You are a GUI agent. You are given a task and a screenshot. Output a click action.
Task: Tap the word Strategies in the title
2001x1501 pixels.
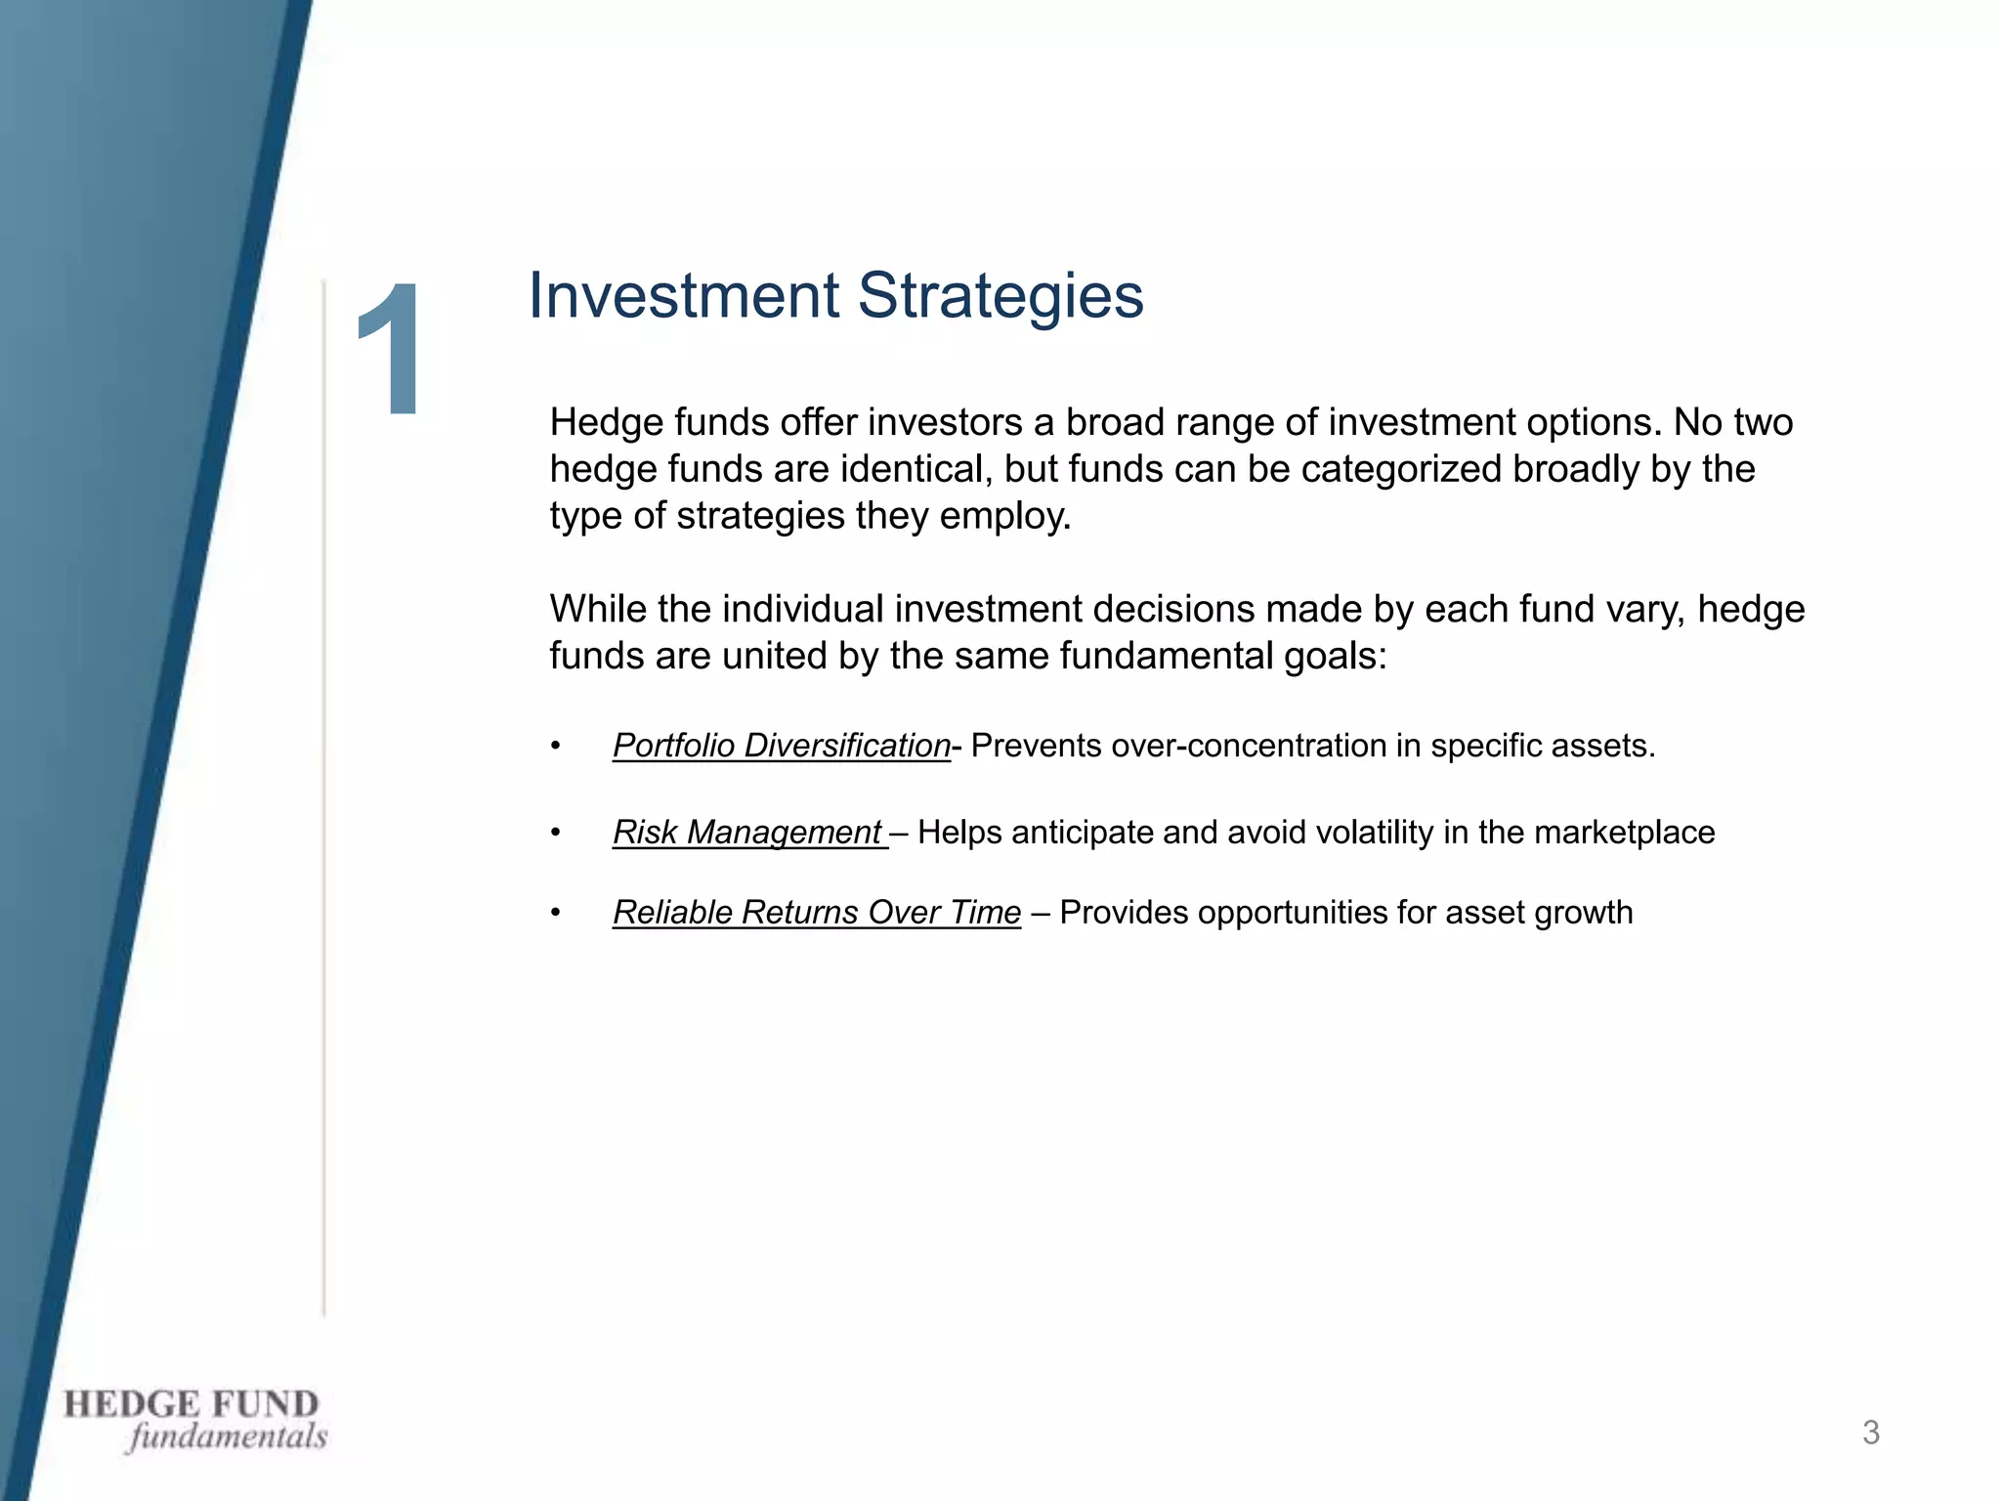tap(1000, 295)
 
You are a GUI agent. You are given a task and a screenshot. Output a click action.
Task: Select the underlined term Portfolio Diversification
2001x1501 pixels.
tap(781, 746)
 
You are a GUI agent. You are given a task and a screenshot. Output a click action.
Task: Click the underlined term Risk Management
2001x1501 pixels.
tap(747, 832)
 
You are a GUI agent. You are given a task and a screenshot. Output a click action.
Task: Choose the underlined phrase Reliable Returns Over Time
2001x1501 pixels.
tap(816, 912)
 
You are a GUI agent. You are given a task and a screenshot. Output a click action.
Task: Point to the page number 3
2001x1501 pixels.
tap(1870, 1433)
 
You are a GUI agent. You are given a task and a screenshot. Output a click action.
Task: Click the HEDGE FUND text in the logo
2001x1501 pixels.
tap(192, 1404)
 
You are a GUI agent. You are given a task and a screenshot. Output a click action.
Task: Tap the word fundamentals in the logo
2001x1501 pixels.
tap(227, 1437)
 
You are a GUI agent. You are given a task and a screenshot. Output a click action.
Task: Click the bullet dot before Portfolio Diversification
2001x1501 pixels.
tap(555, 747)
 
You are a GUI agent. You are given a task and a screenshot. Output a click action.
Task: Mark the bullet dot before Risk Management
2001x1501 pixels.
tap(555, 833)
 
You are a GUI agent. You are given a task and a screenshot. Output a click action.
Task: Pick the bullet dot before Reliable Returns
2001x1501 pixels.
tap(555, 913)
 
